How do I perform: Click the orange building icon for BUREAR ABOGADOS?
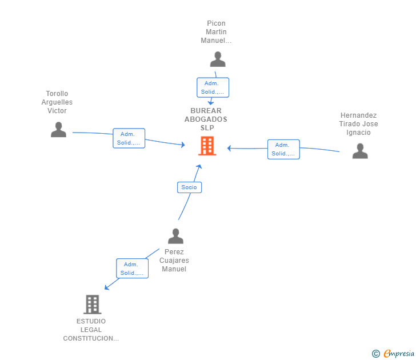(x=207, y=146)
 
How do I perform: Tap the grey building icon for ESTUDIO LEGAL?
(x=93, y=305)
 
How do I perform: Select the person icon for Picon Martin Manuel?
(x=218, y=59)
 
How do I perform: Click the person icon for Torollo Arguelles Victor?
(x=58, y=130)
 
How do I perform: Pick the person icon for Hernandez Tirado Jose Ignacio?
(x=360, y=151)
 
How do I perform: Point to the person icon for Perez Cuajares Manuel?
(x=175, y=236)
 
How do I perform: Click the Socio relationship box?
(x=190, y=187)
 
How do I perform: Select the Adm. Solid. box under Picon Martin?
(x=213, y=87)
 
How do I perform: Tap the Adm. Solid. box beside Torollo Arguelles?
(x=129, y=138)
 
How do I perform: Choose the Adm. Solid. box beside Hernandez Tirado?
(x=283, y=149)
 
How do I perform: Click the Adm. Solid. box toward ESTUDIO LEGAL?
(x=133, y=269)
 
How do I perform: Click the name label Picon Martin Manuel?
(x=216, y=32)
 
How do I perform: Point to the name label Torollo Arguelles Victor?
(x=57, y=102)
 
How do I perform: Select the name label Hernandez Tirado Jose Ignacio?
(x=358, y=124)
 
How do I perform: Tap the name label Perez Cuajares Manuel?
(x=174, y=260)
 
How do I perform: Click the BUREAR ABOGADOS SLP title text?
(x=206, y=119)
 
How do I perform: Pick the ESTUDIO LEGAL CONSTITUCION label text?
(x=91, y=330)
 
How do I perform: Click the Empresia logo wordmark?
(x=399, y=354)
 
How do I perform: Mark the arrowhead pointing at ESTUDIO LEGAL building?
(x=107, y=287)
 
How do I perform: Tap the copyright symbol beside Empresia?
(x=376, y=354)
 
